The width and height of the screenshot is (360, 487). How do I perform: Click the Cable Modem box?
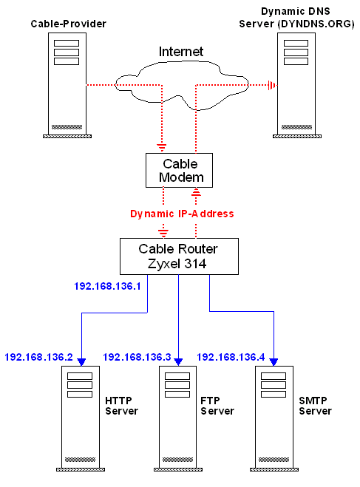[179, 170]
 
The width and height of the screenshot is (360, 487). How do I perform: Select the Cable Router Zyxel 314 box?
[179, 256]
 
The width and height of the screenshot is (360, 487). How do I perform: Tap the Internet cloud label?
[181, 52]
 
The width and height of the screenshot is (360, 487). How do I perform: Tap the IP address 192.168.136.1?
[107, 286]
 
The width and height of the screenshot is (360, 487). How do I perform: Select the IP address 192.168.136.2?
[39, 357]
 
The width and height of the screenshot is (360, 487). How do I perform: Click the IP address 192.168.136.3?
[137, 357]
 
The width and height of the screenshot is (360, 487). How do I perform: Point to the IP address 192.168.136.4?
[231, 357]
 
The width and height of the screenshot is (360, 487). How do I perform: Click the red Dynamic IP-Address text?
[182, 214]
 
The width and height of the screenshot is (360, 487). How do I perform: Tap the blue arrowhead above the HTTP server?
[81, 362]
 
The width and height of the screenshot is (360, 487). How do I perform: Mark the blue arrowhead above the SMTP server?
[274, 362]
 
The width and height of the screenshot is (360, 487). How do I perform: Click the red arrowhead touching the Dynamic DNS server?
[272, 85]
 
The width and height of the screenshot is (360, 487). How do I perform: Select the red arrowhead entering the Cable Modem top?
[161, 148]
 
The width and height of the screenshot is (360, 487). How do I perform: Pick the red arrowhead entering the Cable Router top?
[163, 233]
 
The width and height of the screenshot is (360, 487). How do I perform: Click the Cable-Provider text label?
[68, 24]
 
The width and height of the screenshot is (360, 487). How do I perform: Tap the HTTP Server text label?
[121, 406]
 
